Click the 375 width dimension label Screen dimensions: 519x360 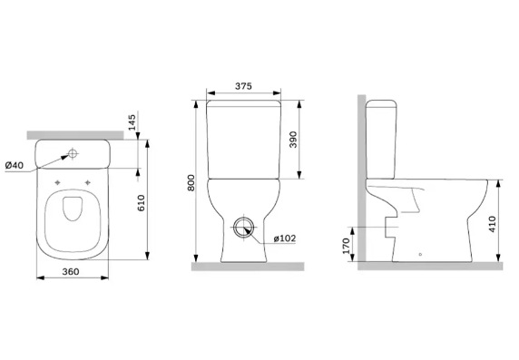243,86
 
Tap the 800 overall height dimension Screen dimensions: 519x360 191,182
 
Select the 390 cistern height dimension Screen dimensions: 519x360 293,140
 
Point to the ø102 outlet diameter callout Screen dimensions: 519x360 284,238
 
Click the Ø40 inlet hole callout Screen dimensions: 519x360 15,165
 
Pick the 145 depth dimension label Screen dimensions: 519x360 132,122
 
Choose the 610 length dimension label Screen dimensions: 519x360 141,203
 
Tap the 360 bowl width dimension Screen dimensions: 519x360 71,272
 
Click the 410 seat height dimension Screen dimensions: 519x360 492,224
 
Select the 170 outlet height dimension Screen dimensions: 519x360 346,246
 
